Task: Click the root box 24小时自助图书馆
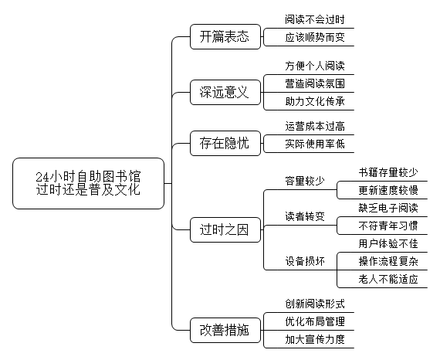(89, 183)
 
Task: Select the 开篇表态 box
(225, 37)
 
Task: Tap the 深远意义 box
(225, 93)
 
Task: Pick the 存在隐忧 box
(225, 143)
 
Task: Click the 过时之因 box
(225, 229)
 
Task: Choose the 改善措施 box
(225, 330)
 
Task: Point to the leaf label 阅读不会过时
(315, 19)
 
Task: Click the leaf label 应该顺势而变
(315, 37)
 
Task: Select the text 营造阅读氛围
(315, 83)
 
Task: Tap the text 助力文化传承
(315, 101)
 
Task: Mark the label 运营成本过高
(315, 127)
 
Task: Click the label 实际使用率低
(315, 144)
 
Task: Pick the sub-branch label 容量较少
(305, 181)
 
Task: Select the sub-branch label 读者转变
(305, 216)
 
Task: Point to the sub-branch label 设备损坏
(305, 261)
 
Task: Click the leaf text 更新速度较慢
(388, 190)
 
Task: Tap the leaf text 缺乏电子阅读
(388, 208)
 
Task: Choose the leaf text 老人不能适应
(388, 279)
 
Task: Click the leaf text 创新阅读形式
(315, 304)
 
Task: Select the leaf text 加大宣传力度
(315, 339)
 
